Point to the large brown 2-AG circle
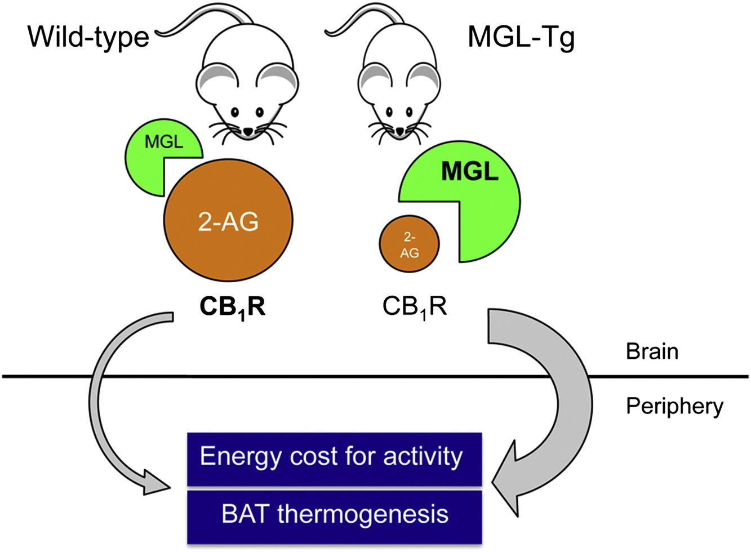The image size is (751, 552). [x=228, y=220]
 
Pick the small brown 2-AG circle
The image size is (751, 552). [x=410, y=244]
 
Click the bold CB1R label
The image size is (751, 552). [x=233, y=308]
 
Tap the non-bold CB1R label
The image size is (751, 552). [x=415, y=308]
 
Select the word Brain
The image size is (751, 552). [x=652, y=351]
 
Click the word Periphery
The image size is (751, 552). [x=674, y=407]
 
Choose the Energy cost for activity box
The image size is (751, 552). [x=334, y=459]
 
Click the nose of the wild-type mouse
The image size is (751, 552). [x=248, y=131]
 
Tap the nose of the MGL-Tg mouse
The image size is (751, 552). [x=400, y=131]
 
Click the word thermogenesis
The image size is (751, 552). [x=363, y=514]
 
